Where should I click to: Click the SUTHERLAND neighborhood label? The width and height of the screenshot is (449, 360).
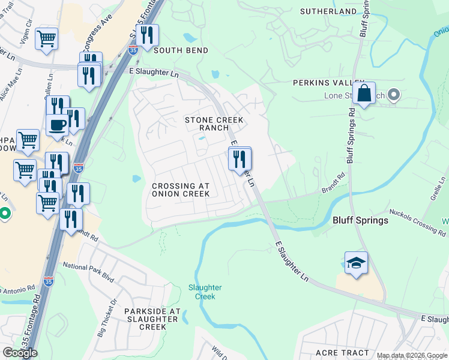(328, 11)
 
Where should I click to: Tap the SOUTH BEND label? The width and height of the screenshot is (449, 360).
(181, 51)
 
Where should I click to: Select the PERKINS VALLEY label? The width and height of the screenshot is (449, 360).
(328, 83)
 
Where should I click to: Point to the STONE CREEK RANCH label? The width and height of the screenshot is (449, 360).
(214, 124)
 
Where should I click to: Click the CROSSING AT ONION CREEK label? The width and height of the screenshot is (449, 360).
(181, 190)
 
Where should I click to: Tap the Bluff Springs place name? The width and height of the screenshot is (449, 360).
(360, 220)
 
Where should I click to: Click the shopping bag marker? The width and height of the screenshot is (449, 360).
(364, 94)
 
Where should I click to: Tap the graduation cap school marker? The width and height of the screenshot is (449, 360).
(356, 263)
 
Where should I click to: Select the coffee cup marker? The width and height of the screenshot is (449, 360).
(58, 125)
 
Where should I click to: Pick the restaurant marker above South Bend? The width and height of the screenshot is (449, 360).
(147, 35)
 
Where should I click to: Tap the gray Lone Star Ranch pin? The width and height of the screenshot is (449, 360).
(394, 95)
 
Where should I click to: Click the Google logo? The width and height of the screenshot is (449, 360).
(20, 353)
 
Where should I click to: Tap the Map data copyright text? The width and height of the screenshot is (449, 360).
(411, 355)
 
